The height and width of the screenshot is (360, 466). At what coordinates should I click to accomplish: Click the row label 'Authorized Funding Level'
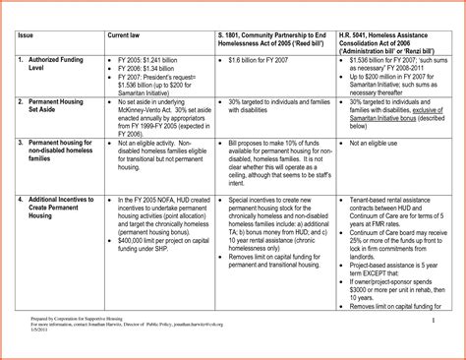coord(49,65)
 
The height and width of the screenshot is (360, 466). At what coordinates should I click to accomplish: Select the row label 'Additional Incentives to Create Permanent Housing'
coord(54,209)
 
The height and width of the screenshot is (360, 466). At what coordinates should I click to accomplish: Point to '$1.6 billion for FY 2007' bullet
coord(263,61)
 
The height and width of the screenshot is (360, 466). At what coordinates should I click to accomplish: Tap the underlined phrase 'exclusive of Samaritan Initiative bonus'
coord(393,117)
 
